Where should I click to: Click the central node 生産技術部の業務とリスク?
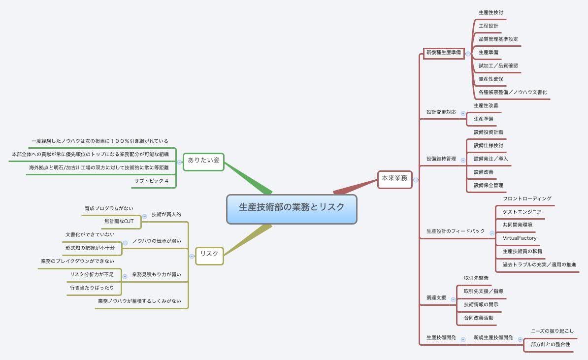pos(292,209)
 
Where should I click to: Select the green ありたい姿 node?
pos(203,161)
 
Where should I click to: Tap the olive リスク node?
pos(209,254)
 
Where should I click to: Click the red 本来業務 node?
pos(394,178)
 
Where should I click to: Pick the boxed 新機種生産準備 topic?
pos(444,53)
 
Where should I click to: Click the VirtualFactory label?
pos(519,238)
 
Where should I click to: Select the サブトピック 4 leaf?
pos(152,181)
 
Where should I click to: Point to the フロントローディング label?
pos(527,198)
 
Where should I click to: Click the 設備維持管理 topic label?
pos(441,159)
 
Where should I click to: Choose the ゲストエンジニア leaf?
pos(522,212)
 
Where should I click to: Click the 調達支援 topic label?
pos(436,298)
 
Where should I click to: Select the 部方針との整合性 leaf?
pos(550,344)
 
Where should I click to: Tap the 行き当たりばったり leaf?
pos(92,288)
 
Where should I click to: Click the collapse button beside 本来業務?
pos(416,180)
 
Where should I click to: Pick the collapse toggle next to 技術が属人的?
pos(144,216)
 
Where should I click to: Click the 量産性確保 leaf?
pos(491,79)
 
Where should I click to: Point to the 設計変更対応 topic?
pos(441,112)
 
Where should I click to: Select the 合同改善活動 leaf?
pos(478,318)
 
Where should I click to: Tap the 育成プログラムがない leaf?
pos(109,208)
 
